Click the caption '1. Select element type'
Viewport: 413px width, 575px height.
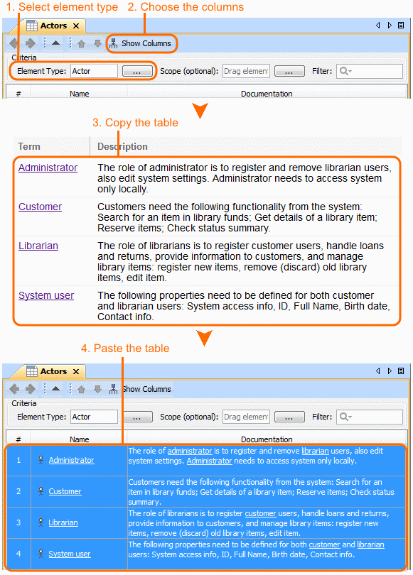62,7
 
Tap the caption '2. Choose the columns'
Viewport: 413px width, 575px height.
186,7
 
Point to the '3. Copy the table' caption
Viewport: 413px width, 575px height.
136,123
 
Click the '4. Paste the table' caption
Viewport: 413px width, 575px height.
125,348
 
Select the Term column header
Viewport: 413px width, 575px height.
29,146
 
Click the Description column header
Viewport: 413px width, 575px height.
122,147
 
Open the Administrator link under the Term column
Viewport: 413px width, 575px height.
48,168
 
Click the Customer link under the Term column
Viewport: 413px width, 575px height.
41,207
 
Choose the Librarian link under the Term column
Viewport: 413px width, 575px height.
38,246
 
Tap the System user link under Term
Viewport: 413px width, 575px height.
46,295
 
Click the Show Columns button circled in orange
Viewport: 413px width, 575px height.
141,43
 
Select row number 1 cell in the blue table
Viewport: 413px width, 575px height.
18,460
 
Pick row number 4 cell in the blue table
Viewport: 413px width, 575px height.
18,554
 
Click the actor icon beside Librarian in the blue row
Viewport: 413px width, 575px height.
41,522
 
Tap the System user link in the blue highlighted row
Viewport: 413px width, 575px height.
70,554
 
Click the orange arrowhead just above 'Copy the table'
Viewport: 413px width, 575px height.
200,110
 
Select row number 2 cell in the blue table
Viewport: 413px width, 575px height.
18,491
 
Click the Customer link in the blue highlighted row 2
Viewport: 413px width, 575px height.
65,491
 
